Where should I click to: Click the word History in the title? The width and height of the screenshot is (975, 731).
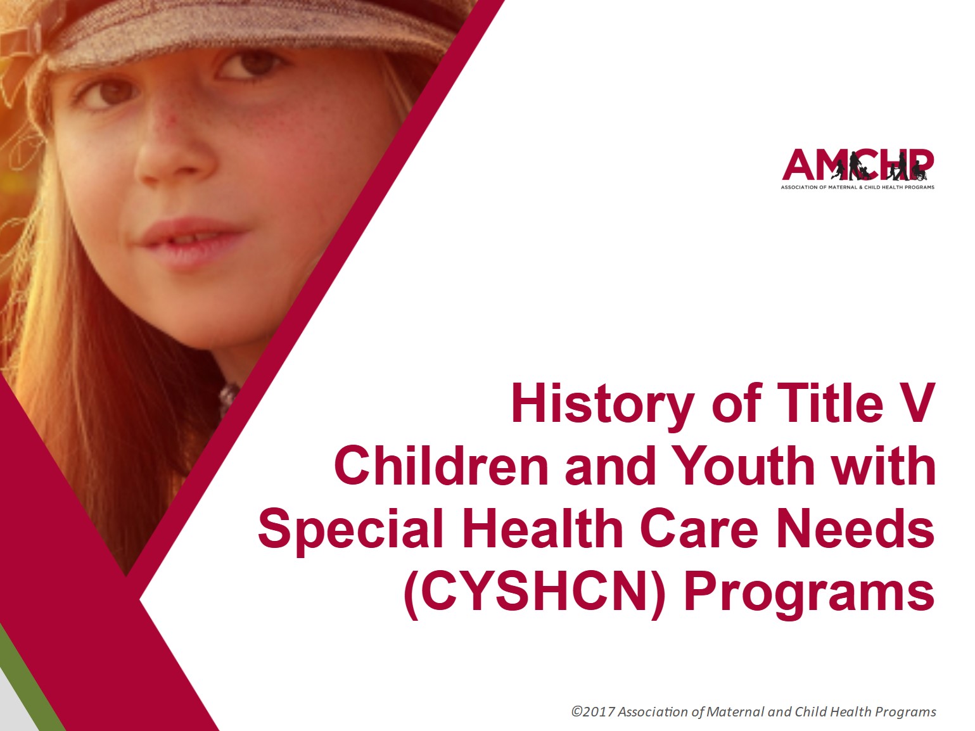[602, 404]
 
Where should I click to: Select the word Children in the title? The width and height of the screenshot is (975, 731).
[441, 466]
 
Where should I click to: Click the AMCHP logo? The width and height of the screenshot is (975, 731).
[858, 165]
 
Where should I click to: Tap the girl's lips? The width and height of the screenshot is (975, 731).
[190, 241]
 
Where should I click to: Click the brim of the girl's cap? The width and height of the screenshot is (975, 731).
[253, 38]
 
